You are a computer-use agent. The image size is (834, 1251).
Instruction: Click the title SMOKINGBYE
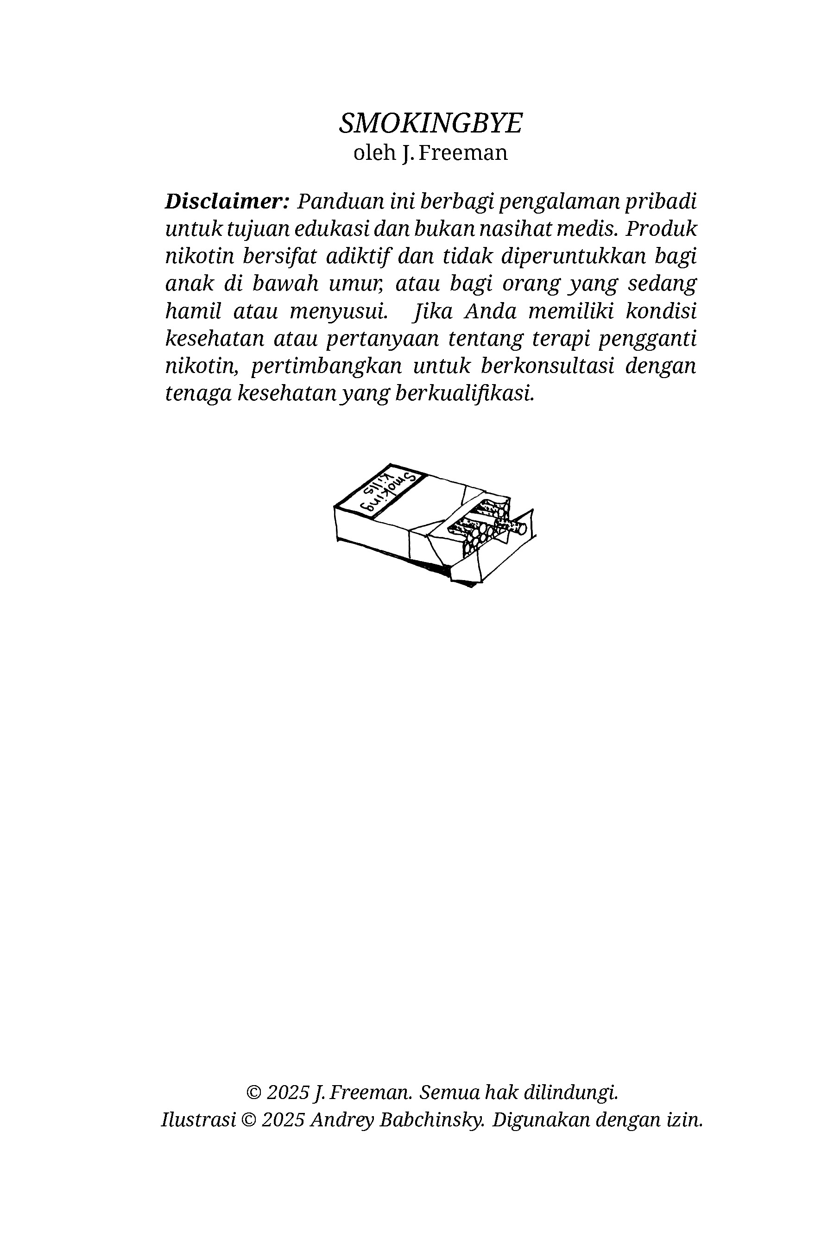click(x=431, y=123)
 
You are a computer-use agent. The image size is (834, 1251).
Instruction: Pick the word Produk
click(x=661, y=229)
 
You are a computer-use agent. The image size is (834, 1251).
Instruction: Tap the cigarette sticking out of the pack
click(x=514, y=526)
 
